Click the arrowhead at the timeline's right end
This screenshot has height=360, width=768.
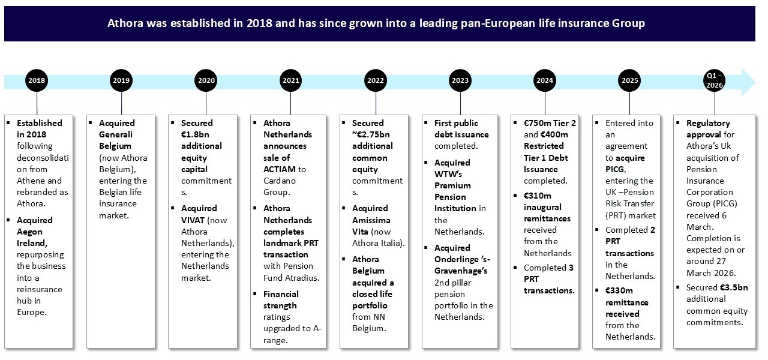(x=749, y=82)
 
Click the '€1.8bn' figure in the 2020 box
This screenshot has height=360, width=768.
(x=195, y=134)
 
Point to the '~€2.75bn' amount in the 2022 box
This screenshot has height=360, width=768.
(x=371, y=134)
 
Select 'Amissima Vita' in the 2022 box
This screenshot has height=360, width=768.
(x=372, y=214)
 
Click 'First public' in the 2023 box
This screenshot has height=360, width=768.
(x=456, y=123)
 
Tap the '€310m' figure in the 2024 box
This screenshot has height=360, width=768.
(x=538, y=195)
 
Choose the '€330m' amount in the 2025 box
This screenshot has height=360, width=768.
(x=620, y=290)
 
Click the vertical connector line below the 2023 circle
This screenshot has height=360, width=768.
(x=460, y=103)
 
